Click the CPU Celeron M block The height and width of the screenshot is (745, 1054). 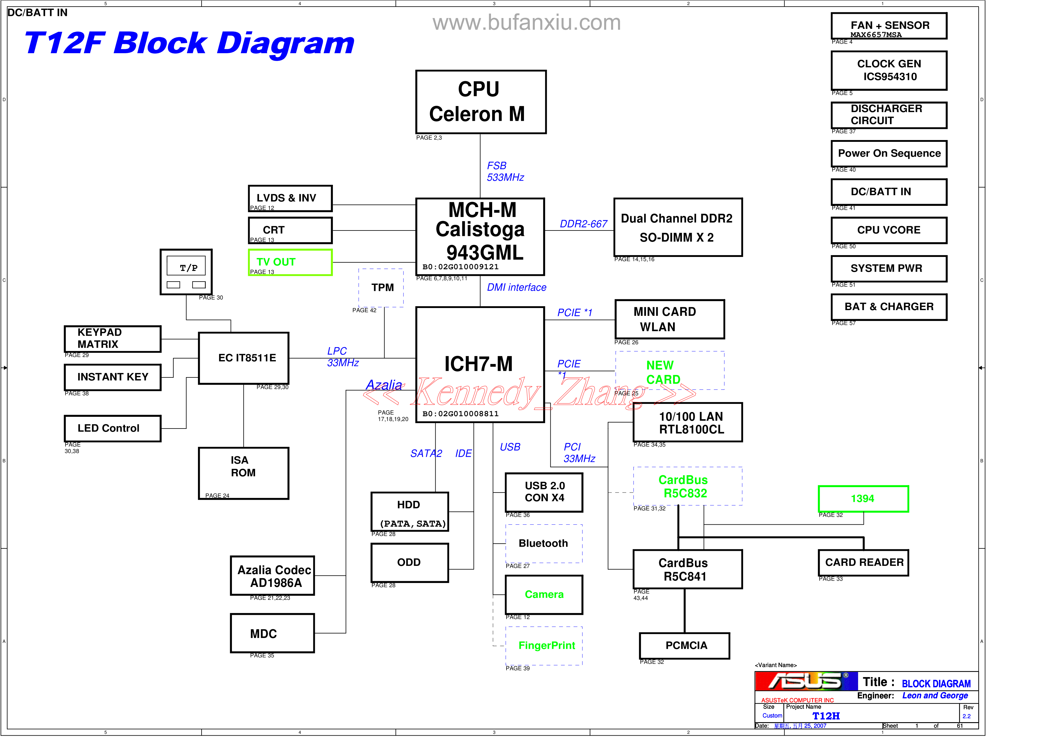click(481, 102)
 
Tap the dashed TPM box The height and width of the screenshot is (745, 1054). click(381, 288)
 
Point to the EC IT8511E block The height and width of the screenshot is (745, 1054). click(243, 358)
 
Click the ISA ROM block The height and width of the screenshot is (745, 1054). click(243, 473)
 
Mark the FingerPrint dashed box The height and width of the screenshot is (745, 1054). click(544, 646)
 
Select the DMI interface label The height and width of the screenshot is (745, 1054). click(516, 287)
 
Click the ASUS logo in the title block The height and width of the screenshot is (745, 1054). click(806, 681)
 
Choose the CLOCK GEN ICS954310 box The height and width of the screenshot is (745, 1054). click(889, 70)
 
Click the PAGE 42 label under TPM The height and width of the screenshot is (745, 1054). click(364, 310)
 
